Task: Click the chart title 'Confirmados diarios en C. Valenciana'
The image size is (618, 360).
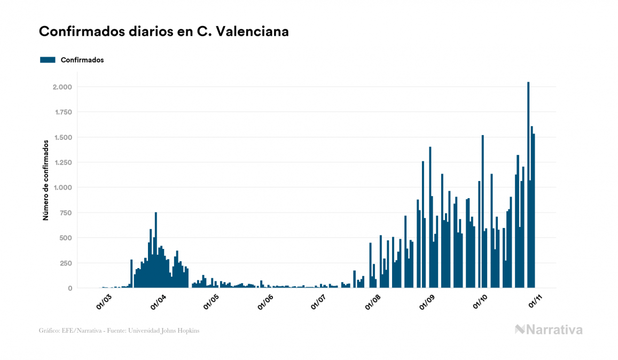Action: pyautogui.click(x=164, y=32)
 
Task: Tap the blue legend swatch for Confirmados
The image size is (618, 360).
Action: pyautogui.click(x=48, y=60)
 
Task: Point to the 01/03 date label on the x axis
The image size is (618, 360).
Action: pyautogui.click(x=104, y=301)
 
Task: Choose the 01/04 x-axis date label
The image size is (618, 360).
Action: pyautogui.click(x=158, y=301)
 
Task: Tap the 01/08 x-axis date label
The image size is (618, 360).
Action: pyautogui.click(x=373, y=301)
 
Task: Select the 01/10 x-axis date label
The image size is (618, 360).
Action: pyautogui.click(x=481, y=301)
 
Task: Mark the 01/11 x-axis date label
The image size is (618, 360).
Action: pyautogui.click(x=535, y=301)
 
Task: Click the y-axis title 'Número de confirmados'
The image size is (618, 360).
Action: pyautogui.click(x=46, y=180)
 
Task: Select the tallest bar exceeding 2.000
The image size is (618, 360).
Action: pyautogui.click(x=528, y=185)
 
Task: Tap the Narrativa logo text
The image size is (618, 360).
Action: pyautogui.click(x=554, y=330)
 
